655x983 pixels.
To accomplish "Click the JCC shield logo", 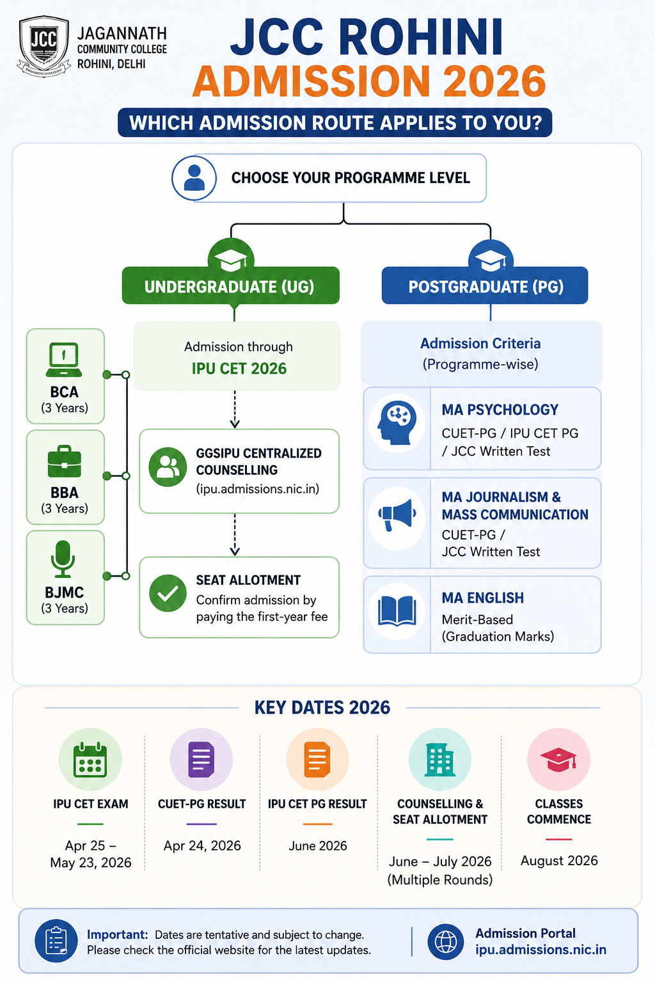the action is [x=43, y=45].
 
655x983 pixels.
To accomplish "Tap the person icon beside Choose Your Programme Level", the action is [x=194, y=178].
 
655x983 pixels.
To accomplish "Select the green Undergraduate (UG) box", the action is [x=231, y=285].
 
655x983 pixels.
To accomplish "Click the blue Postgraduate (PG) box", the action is [x=485, y=285].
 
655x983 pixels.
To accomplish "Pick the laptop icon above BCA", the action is [x=64, y=360].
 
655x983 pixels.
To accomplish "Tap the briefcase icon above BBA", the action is [x=65, y=461].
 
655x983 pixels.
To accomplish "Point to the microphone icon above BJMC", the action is [x=63, y=559].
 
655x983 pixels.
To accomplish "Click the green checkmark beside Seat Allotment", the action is [x=168, y=593].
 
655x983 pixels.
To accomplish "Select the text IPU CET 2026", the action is [x=239, y=369].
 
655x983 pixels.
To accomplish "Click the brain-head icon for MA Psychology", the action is [x=397, y=423].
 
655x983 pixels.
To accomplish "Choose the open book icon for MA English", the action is [x=397, y=611].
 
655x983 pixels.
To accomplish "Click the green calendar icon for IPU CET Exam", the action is [x=90, y=760].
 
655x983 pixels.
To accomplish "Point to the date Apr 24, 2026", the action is [x=202, y=845].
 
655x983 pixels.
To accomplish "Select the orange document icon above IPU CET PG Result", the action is [x=317, y=760].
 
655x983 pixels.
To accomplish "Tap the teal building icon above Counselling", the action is [x=439, y=760].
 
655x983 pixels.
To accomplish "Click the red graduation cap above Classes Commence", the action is [x=558, y=760].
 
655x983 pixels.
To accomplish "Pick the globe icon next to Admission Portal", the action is [x=446, y=941].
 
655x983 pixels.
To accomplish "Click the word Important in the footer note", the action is [x=117, y=934].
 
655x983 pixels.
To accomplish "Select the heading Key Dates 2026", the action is [x=322, y=707].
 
